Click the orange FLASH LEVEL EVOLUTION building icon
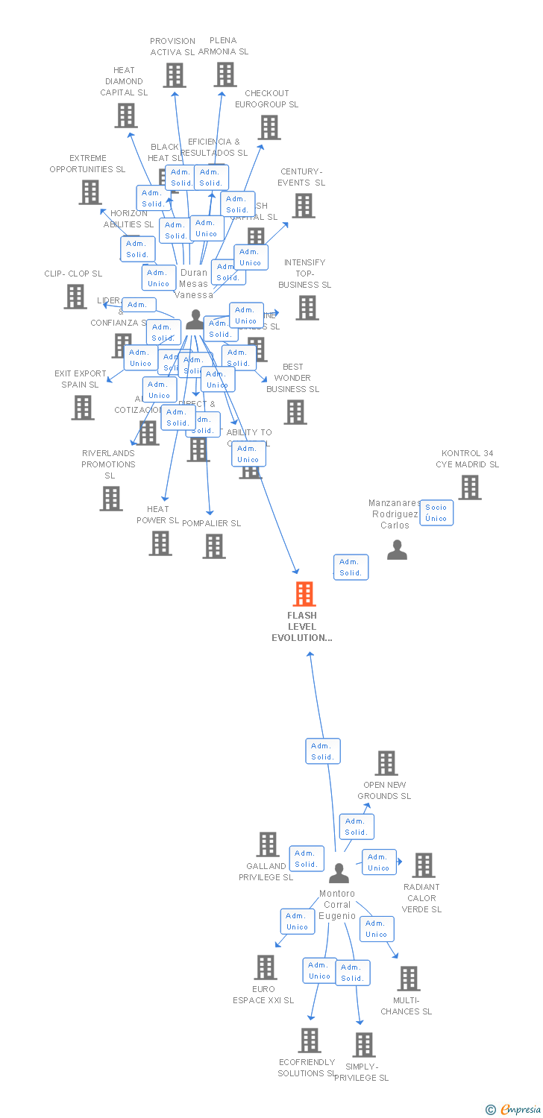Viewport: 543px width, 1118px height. coord(304,594)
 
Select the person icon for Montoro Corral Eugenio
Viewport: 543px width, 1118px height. coord(339,873)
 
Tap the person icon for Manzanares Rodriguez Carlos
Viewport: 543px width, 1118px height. coord(397,550)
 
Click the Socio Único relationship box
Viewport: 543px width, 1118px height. coord(436,513)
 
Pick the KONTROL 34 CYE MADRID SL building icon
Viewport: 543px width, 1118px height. coord(470,487)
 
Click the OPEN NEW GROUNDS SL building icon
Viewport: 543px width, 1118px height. coord(386,763)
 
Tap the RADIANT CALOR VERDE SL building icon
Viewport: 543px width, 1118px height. coord(423,865)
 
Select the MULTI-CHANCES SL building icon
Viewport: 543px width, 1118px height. coord(408,979)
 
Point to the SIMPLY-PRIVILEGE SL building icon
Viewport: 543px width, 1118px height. coord(363,1045)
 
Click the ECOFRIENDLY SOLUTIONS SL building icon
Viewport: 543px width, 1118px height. coord(310,1040)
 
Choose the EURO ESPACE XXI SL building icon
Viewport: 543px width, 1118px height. coord(265,967)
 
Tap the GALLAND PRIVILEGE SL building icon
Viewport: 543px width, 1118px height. coord(267,844)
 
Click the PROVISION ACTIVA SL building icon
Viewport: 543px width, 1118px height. coord(175,75)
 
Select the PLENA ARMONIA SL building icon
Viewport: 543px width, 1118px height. coord(225,74)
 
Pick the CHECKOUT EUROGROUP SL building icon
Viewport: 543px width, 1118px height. coord(269,127)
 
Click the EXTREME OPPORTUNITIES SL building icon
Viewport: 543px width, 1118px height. coord(90,192)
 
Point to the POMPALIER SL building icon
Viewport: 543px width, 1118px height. coord(214,546)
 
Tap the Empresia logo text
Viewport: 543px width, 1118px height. coord(520,1110)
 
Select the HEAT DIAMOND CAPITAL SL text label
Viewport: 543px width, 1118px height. coord(124,81)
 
